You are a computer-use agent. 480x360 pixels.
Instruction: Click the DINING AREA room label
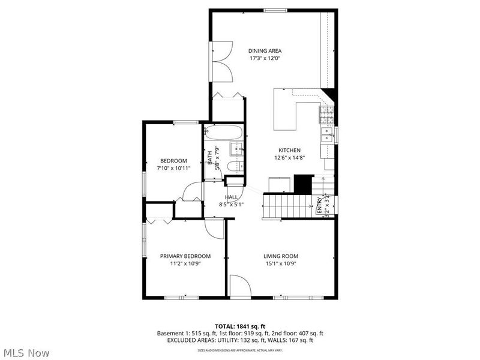click(x=265, y=51)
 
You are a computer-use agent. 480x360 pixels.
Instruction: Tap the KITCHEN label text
click(x=289, y=150)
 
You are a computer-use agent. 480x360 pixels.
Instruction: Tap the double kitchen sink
click(x=328, y=134)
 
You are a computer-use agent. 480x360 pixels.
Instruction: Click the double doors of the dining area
click(x=222, y=62)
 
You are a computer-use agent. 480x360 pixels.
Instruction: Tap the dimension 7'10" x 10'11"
click(x=173, y=168)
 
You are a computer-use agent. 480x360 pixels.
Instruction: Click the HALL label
click(x=231, y=197)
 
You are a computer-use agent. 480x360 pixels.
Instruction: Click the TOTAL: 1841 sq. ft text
click(x=239, y=326)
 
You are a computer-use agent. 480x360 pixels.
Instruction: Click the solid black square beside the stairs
click(x=304, y=183)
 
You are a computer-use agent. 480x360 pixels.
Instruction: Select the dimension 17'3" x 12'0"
click(x=265, y=59)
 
